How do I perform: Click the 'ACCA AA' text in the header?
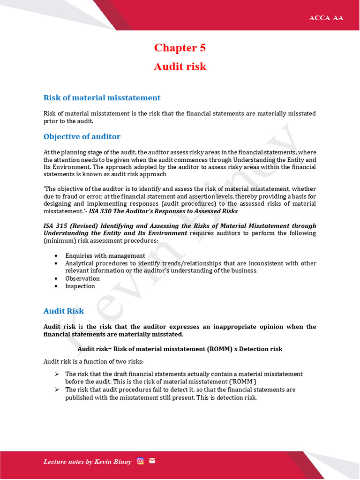tap(326, 18)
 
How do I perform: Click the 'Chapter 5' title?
tap(180, 48)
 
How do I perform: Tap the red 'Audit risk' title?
tap(180, 67)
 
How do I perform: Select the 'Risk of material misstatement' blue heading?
tap(102, 97)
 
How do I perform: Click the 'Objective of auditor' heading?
tap(82, 136)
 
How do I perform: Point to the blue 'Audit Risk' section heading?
tap(64, 311)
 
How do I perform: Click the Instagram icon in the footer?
tap(140, 461)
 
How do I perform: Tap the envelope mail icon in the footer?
tap(152, 461)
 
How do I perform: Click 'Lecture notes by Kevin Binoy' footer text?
tap(87, 462)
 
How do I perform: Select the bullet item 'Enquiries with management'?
tap(105, 255)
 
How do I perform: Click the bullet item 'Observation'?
tap(82, 278)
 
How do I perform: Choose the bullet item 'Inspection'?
tap(80, 286)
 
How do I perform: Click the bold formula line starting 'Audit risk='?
tap(180, 349)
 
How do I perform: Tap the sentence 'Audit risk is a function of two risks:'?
tap(94, 361)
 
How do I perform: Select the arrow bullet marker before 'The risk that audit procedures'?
tap(56, 390)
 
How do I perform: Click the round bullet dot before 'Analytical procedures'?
tap(56, 263)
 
